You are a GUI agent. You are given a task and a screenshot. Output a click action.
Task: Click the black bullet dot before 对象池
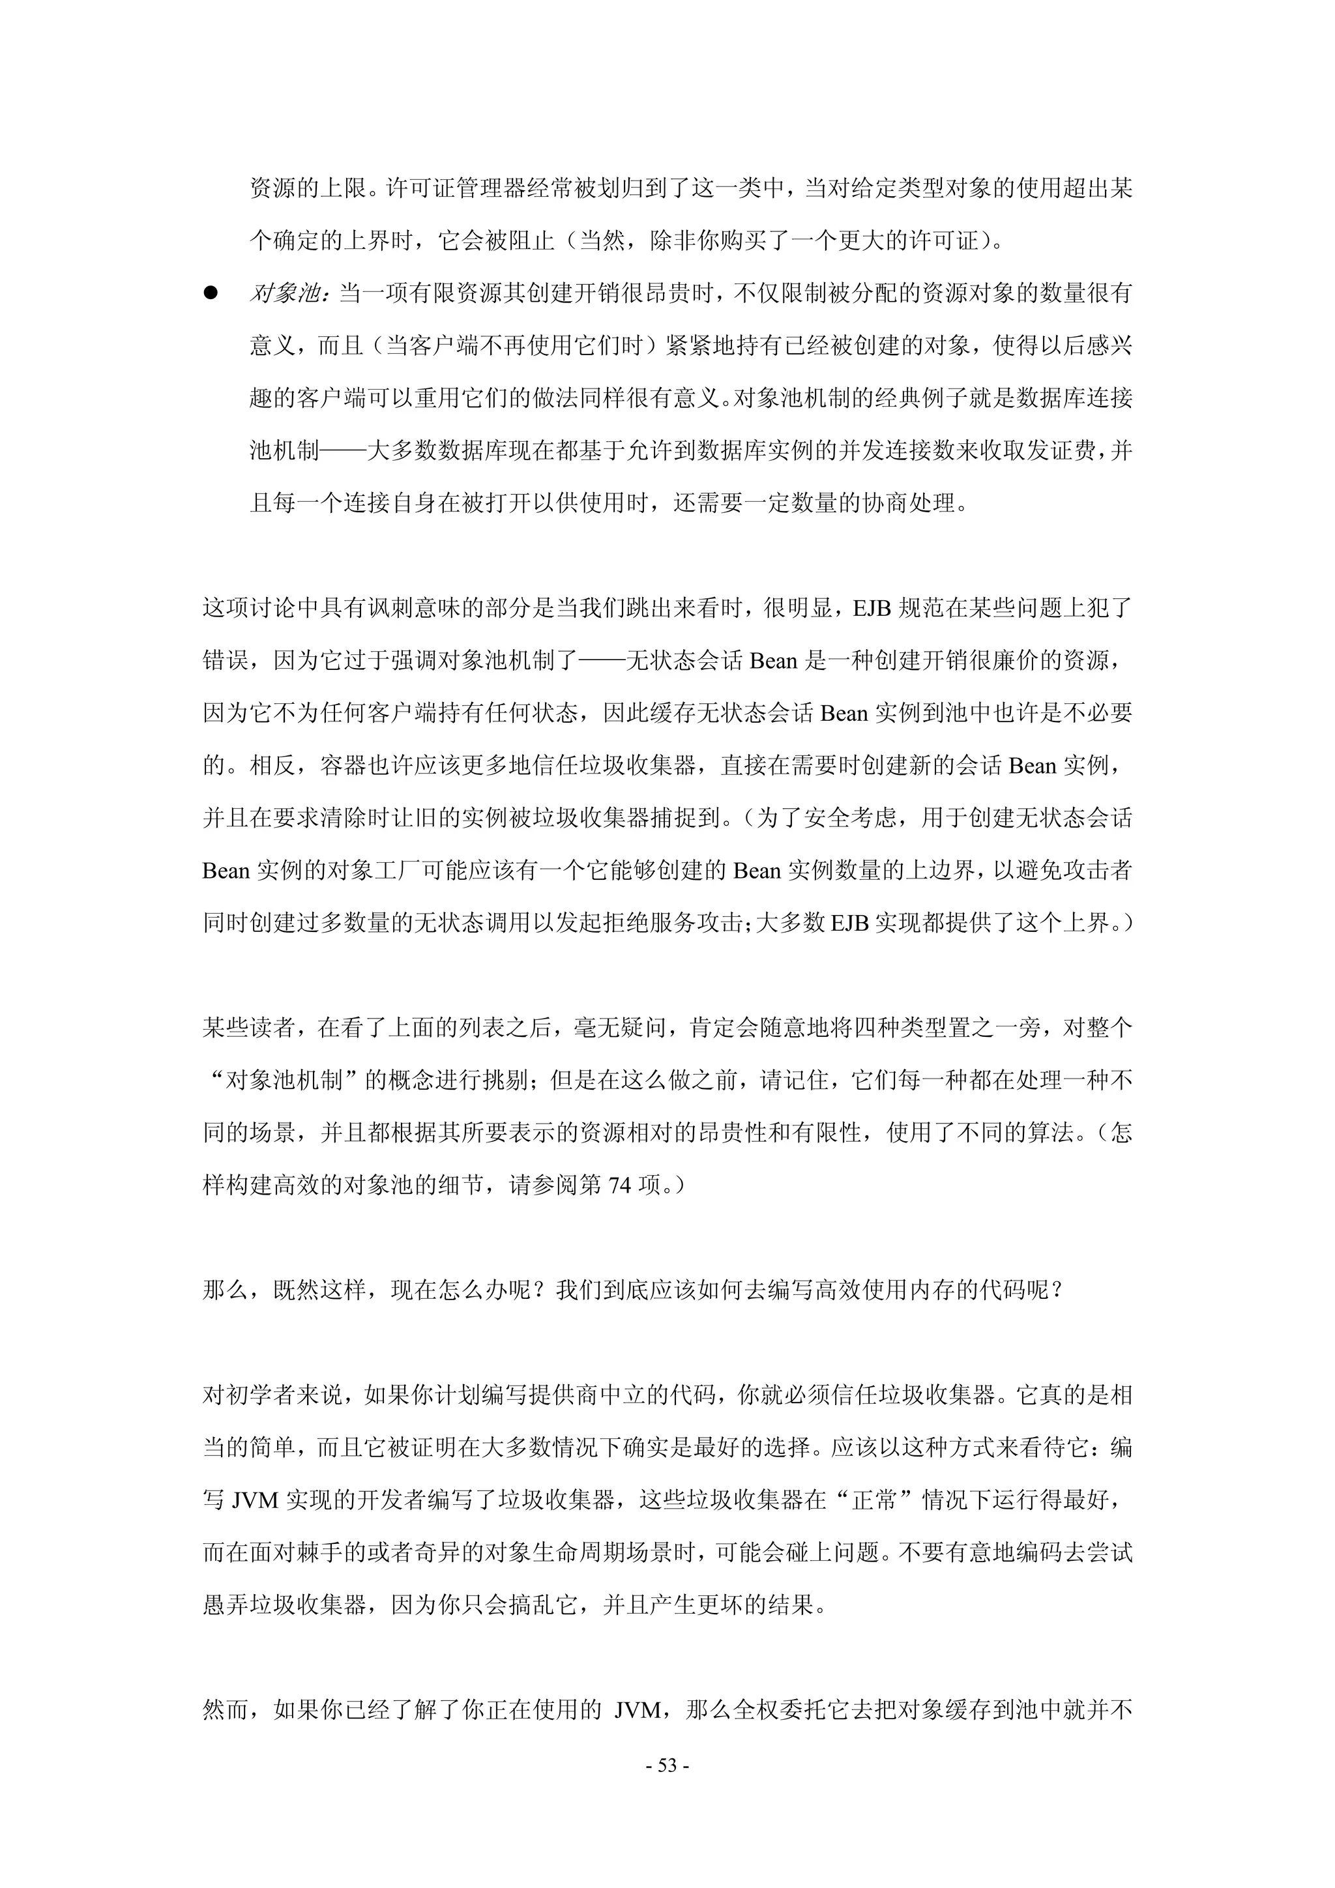pos(211,293)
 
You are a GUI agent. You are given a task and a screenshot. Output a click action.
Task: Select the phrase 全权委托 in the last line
pos(777,1709)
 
